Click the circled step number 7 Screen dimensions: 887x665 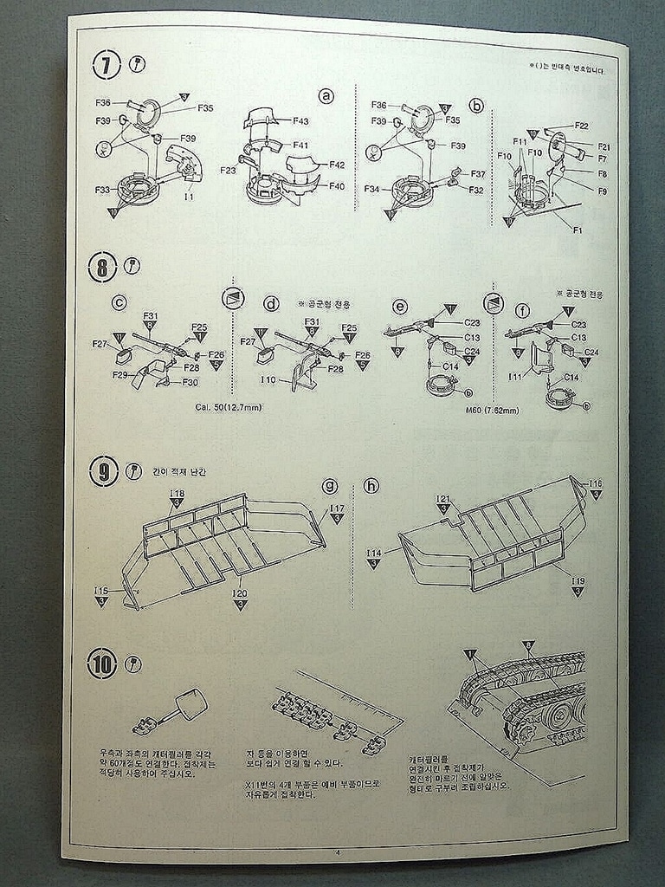[x=107, y=64]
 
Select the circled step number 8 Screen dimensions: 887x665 [x=101, y=267]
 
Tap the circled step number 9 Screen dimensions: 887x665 [x=103, y=472]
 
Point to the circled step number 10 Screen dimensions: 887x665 [x=102, y=664]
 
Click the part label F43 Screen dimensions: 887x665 [x=300, y=121]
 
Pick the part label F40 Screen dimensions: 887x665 [x=337, y=185]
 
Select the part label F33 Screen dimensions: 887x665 [x=103, y=189]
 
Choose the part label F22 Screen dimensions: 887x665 [x=581, y=126]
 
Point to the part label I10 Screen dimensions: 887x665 [x=268, y=380]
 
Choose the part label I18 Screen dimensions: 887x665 [x=177, y=492]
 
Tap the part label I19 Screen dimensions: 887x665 [x=578, y=581]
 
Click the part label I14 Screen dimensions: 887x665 [x=373, y=553]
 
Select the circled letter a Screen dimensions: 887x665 [x=326, y=96]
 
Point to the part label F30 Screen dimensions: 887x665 [x=190, y=382]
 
